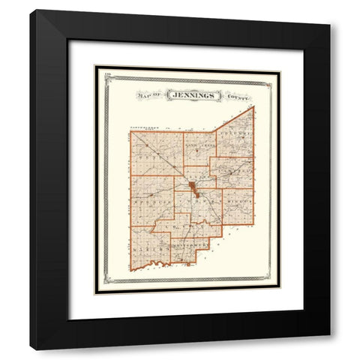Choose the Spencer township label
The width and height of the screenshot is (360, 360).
[x=150, y=202]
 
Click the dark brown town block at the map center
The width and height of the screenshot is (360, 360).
[x=193, y=187]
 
